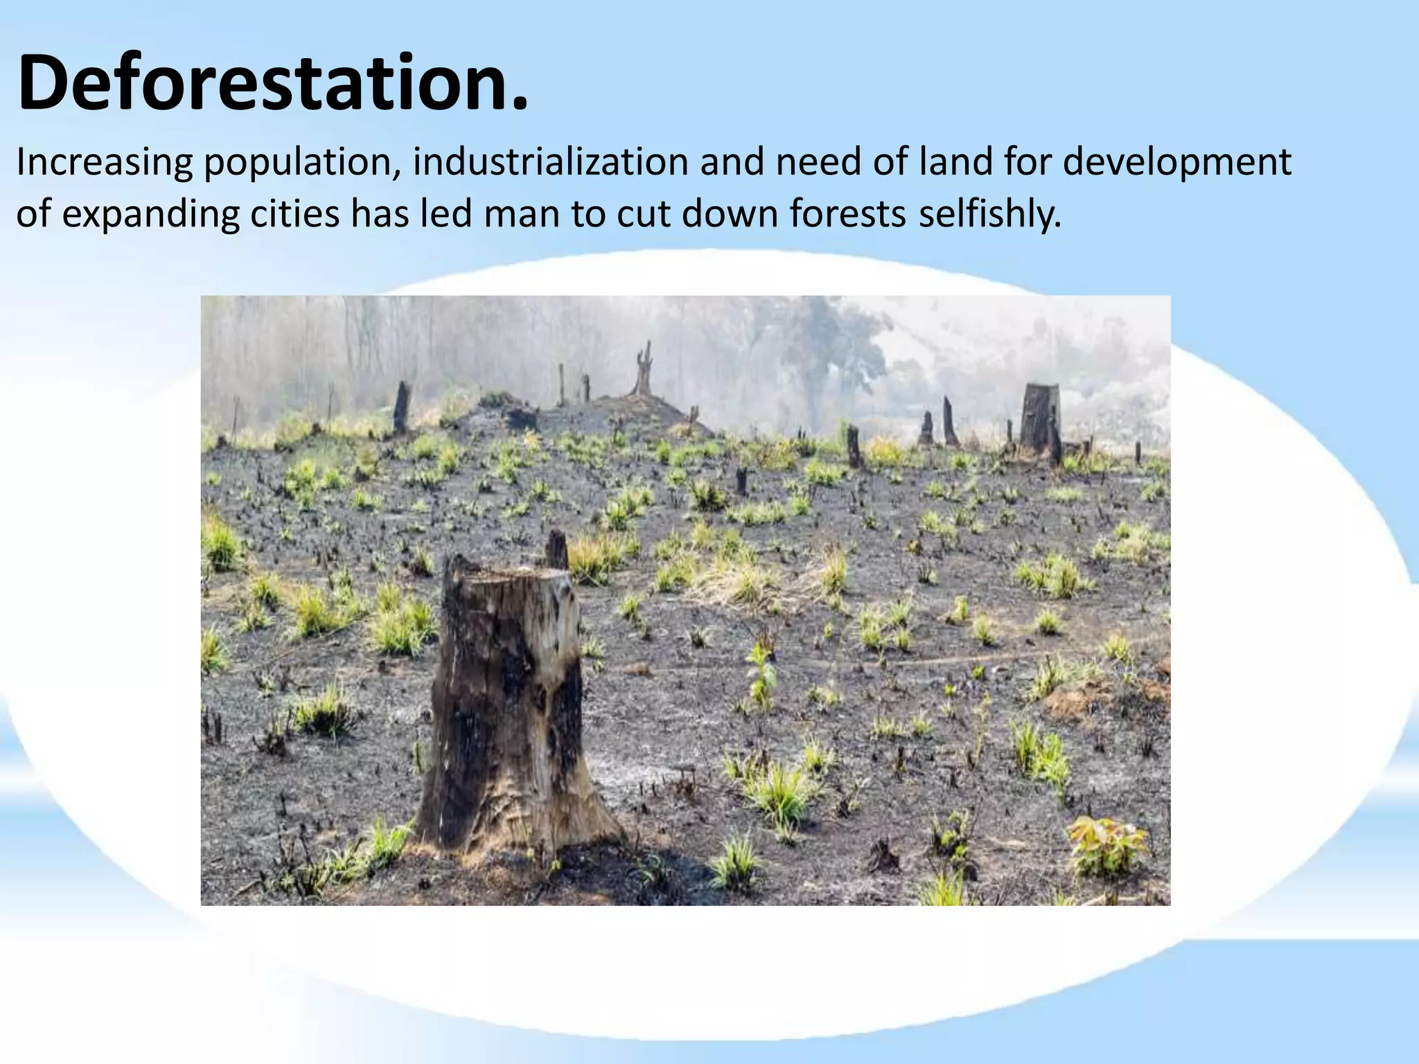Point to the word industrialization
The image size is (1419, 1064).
[x=550, y=162]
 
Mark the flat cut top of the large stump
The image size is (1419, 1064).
[x=516, y=576]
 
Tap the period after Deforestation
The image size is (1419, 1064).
[x=518, y=104]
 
